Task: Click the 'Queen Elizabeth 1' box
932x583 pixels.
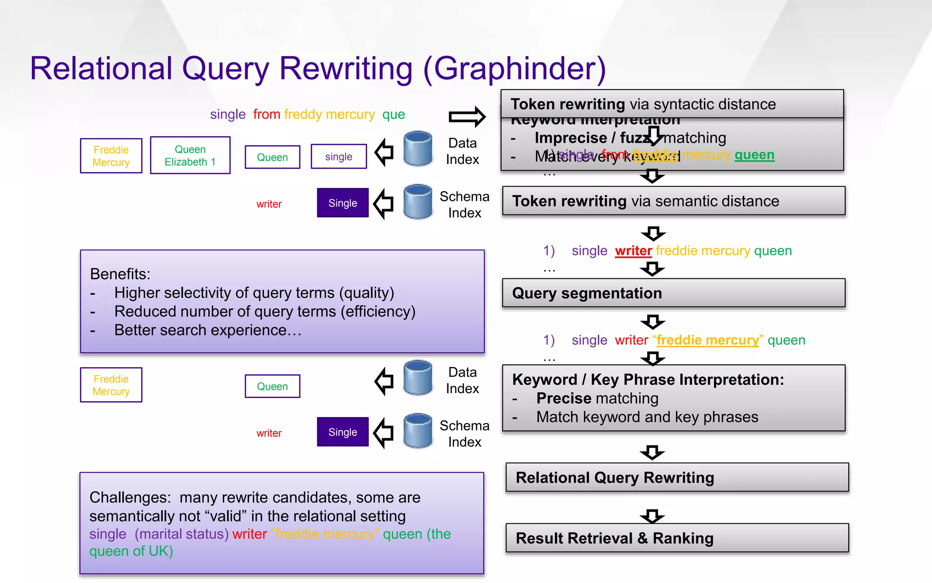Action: coord(190,155)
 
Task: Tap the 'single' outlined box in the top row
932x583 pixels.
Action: coord(339,157)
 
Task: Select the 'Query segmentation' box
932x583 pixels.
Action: coord(674,293)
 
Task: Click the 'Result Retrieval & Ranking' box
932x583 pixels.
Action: coord(677,538)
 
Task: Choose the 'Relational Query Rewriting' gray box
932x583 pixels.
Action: coord(677,477)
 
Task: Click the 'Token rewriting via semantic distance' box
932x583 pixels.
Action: coord(674,201)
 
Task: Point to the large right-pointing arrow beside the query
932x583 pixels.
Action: coord(467,117)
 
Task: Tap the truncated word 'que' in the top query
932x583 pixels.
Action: coord(393,114)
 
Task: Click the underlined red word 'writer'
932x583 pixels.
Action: coord(633,251)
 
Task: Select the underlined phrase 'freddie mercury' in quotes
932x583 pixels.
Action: coord(708,340)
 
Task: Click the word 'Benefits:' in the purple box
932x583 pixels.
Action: coord(120,274)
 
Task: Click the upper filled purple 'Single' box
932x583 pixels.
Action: coord(343,203)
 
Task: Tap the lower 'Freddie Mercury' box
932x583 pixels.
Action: coord(111,385)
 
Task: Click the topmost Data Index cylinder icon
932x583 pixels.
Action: coord(418,148)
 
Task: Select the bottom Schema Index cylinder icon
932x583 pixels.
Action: coord(418,430)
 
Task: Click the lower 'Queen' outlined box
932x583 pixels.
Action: coord(272,386)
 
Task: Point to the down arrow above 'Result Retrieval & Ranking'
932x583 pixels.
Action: coord(652,516)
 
